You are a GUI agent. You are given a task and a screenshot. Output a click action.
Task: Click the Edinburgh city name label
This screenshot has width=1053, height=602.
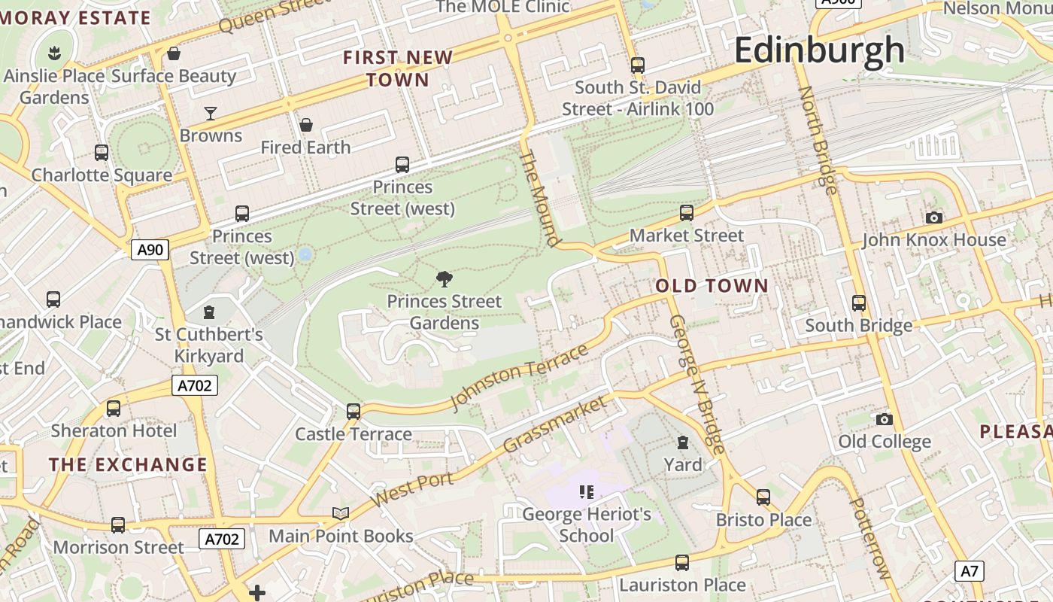819,50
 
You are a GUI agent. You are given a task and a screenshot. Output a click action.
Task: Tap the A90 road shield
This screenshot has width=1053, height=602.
150,250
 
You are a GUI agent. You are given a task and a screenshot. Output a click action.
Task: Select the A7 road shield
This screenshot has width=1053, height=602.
970,570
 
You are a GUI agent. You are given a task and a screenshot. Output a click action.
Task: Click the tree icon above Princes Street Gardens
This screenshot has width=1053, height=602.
445,280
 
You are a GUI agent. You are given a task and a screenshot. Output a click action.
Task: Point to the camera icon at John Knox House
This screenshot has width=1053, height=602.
934,218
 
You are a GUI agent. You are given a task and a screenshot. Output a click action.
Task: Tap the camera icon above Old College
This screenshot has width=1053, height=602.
885,419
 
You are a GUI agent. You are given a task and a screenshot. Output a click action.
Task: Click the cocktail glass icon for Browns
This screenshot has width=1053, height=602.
211,114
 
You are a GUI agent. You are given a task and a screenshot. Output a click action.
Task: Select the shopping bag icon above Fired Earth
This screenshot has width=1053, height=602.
306,125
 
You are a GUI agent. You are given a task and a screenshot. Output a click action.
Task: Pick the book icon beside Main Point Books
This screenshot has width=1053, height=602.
341,513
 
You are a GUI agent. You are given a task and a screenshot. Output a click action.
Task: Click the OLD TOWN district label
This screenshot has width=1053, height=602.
712,286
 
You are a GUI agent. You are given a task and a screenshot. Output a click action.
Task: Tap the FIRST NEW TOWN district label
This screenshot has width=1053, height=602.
398,68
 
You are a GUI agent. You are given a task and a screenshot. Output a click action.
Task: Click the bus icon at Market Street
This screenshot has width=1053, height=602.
687,213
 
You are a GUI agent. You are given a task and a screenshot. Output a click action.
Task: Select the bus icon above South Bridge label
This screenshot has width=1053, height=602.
859,303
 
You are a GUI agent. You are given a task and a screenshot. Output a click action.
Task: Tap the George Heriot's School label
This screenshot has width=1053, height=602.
587,525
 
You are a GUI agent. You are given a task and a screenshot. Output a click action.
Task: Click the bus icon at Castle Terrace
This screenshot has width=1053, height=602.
354,412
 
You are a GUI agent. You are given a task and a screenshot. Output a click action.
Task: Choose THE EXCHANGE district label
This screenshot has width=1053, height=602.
128,464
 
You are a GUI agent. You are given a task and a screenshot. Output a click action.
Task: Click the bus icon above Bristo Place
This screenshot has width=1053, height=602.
763,497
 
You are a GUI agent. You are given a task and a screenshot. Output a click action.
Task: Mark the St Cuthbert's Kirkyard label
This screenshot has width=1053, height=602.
209,345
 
